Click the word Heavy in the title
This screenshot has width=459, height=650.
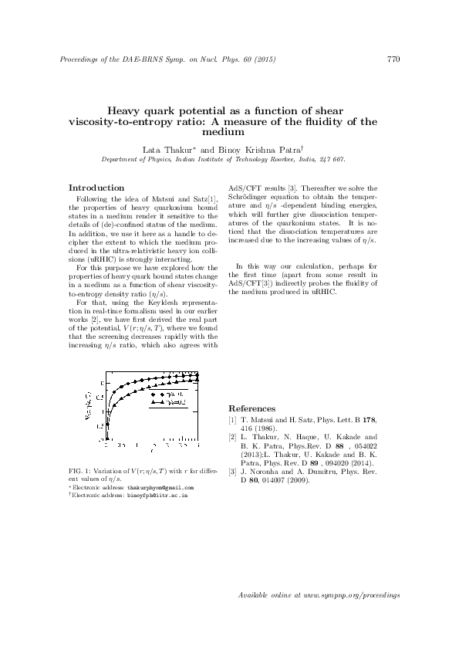(122, 111)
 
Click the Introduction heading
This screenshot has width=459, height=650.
(96, 188)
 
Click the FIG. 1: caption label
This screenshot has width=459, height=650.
(81, 471)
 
